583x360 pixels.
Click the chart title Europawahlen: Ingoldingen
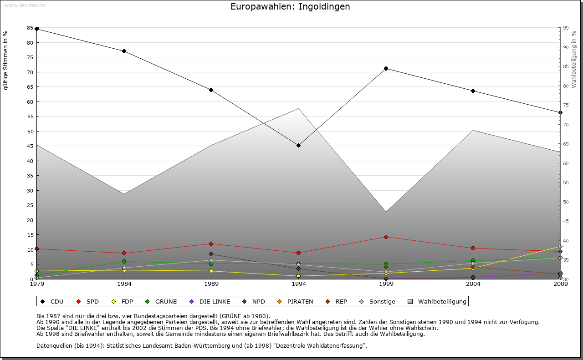[290, 7]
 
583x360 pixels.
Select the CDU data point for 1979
[36, 29]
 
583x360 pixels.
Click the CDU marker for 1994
[298, 145]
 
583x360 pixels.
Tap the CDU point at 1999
[386, 68]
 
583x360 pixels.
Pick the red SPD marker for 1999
[386, 237]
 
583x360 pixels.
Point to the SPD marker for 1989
[211, 243]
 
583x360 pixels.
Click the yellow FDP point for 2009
[560, 246]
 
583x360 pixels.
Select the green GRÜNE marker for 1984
[124, 261]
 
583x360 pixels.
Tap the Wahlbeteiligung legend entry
[437, 301]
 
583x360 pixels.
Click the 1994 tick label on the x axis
[298, 284]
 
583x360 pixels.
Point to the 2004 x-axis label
[473, 284]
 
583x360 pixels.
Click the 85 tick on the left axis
[30, 28]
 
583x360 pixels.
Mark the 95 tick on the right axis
[566, 28]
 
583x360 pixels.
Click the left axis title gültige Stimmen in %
[6, 60]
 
